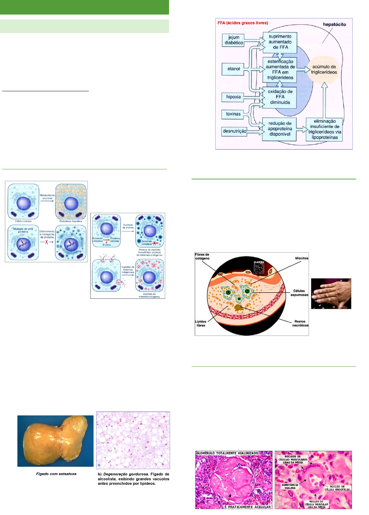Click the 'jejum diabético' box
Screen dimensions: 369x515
point(234,40)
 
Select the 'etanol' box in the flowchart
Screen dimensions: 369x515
point(234,69)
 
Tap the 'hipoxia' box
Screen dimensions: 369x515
point(233,97)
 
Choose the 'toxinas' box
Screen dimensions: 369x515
point(233,114)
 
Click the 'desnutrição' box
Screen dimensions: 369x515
point(235,131)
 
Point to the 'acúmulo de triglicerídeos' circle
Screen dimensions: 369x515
point(324,69)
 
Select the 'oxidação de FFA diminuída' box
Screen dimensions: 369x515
point(280,97)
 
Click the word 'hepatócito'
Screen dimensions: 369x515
point(334,24)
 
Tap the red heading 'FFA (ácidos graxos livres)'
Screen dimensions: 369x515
point(243,23)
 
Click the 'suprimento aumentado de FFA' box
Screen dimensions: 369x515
point(280,42)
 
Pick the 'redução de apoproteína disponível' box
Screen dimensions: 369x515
point(279,128)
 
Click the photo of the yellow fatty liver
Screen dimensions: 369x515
point(56,441)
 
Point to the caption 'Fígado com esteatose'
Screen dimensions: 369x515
point(56,474)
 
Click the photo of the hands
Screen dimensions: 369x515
point(331,294)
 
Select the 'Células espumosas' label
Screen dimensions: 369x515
point(299,293)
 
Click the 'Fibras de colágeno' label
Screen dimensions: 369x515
point(202,256)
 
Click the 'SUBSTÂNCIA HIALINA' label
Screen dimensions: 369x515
point(290,486)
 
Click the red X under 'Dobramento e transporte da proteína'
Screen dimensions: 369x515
point(47,242)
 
